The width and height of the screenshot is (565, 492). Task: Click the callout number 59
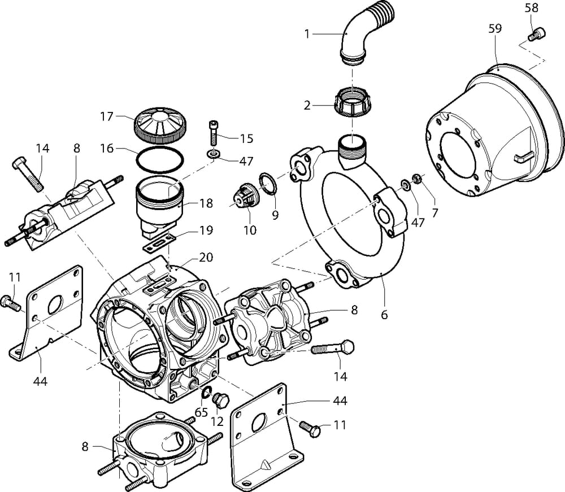pyautogui.click(x=494, y=29)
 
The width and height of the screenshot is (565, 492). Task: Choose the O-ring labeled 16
pyautogui.click(x=160, y=160)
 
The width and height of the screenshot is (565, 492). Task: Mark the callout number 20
pyautogui.click(x=206, y=258)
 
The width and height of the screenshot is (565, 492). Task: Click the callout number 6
pyautogui.click(x=384, y=314)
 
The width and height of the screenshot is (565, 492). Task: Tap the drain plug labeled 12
pyautogui.click(x=221, y=400)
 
